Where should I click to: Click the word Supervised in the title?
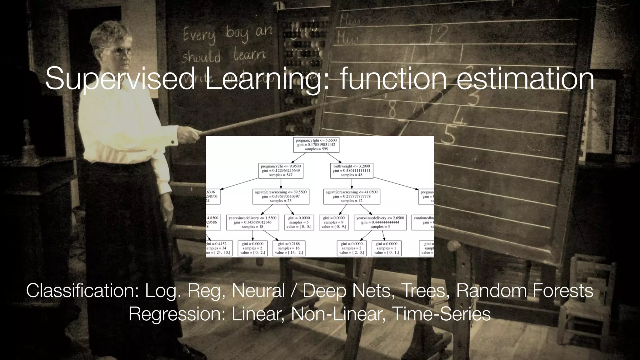120,79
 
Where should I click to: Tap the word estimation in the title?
525,79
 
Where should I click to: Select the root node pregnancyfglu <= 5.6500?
316,145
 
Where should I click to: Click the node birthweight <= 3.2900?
352,171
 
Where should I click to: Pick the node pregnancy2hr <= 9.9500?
281,171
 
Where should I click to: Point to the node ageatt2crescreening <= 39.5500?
281,197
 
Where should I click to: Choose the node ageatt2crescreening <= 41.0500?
352,197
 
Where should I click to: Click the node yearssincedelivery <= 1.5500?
252,222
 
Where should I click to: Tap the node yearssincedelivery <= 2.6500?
380,222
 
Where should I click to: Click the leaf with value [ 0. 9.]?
334,222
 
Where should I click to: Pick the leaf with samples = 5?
299,222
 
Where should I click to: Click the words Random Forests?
524,291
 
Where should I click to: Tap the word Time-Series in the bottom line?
441,314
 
